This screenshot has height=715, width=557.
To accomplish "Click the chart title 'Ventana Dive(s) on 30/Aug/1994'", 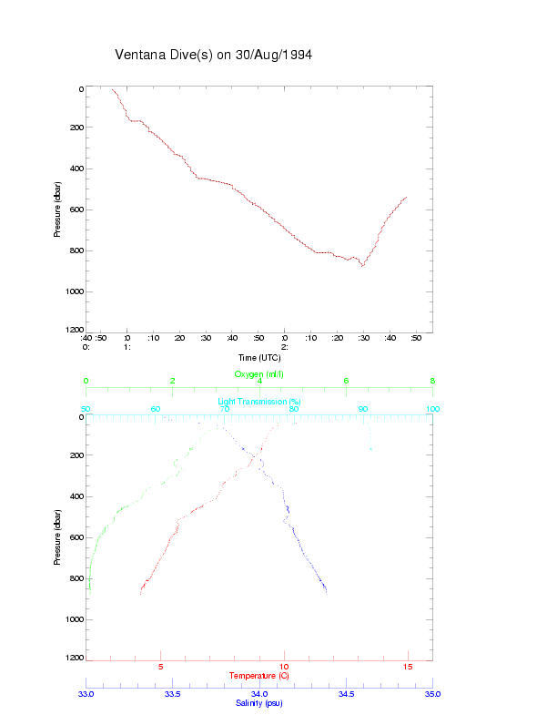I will [214, 56].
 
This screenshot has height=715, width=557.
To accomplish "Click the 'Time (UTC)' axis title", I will [259, 357].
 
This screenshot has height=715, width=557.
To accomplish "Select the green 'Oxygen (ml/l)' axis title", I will [259, 374].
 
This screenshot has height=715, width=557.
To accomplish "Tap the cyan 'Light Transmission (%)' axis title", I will [259, 402].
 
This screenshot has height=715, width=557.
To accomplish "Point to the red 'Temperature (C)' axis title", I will [259, 676].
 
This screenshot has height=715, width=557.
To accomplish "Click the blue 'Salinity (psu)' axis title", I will [259, 702].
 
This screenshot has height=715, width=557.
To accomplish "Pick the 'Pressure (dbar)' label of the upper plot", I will [57, 209].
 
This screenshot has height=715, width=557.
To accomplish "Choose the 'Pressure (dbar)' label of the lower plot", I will [57, 537].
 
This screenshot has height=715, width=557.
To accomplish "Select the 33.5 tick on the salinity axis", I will [173, 694].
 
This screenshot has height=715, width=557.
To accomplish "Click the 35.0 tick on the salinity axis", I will [432, 694].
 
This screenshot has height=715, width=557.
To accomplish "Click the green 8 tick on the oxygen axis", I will [432, 382].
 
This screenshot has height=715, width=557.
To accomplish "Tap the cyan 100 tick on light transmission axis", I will [432, 409].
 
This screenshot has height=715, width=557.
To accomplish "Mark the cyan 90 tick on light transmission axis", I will [363, 409].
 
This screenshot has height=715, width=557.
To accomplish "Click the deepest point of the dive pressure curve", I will [361, 265].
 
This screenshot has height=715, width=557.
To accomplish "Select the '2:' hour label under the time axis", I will [285, 347].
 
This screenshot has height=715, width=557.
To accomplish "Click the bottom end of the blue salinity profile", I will [326, 593].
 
